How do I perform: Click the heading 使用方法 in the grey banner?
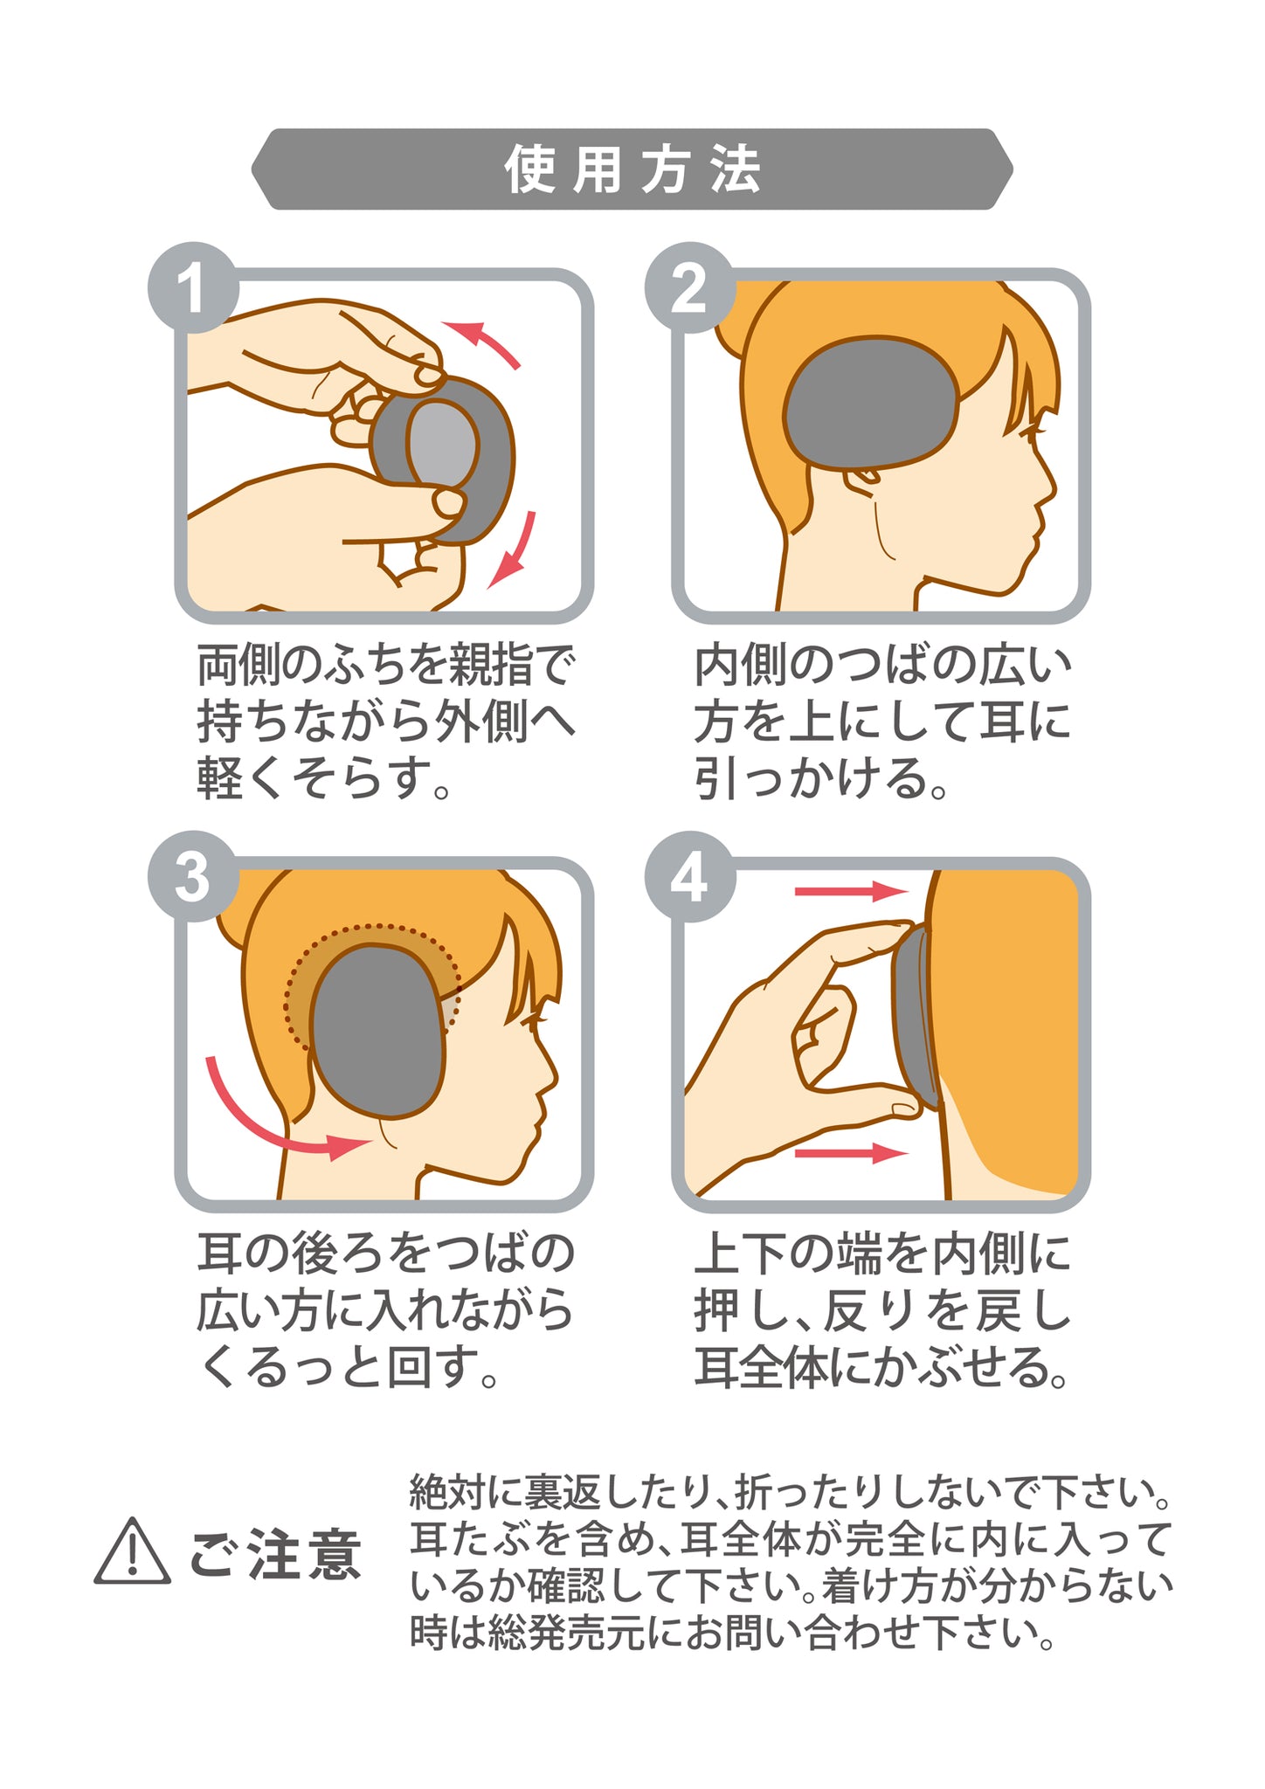(x=632, y=169)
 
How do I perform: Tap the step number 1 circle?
(x=193, y=287)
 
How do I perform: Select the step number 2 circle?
(x=690, y=287)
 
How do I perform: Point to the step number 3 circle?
(x=193, y=876)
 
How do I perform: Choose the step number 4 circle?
(x=690, y=876)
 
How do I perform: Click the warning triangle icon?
(x=132, y=1551)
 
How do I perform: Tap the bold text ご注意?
(x=275, y=1555)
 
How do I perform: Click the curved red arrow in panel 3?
(x=259, y=1127)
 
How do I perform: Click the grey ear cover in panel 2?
(x=872, y=404)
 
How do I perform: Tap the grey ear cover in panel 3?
(x=377, y=1032)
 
